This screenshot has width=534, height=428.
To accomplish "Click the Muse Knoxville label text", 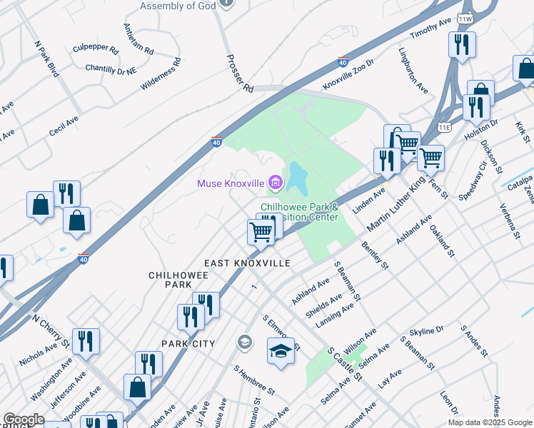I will pos(231,183).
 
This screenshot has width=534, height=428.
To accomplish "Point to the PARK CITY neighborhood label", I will pos(188,344).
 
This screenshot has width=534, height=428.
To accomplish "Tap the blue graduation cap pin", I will pos(281,351).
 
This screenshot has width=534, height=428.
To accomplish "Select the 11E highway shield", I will pos(445,127).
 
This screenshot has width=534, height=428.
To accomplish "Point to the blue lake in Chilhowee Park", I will pos(296,178).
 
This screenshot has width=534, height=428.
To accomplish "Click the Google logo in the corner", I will pos(24,419).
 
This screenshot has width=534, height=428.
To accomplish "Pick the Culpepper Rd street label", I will pos(95,50).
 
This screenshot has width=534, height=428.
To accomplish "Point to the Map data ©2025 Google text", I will pos(489,422).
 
